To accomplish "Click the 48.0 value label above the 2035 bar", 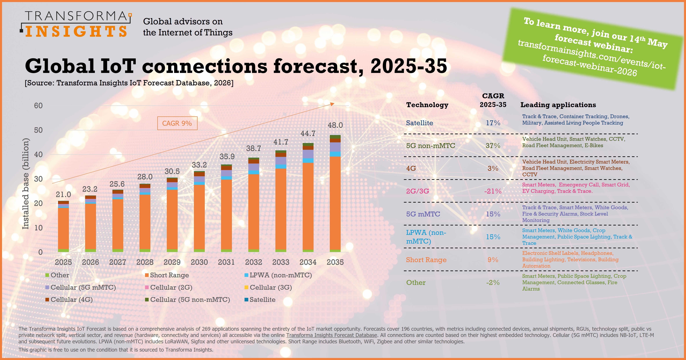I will click(x=335, y=125).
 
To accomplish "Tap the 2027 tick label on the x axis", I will click(x=117, y=262).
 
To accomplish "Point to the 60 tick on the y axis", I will click(x=38, y=106).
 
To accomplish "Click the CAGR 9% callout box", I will click(x=177, y=123).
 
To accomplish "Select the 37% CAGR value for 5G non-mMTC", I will click(x=493, y=146).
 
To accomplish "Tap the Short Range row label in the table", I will click(x=426, y=260).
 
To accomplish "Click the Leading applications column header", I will click(x=558, y=105).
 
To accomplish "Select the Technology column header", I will click(x=427, y=105).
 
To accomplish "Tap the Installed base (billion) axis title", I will click(x=25, y=184).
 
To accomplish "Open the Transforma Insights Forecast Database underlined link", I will click(x=332, y=335).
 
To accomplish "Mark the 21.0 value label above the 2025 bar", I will click(x=63, y=195).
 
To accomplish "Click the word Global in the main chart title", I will click(x=60, y=66).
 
